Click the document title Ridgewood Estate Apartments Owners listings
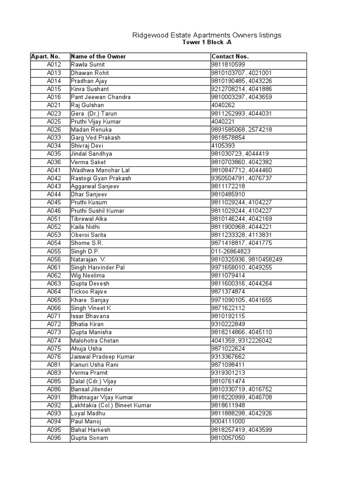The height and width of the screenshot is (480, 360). point(207,35)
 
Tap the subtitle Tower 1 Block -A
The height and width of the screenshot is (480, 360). point(207,42)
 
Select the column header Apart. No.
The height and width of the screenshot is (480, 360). point(45,57)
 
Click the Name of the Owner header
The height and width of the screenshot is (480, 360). point(98,57)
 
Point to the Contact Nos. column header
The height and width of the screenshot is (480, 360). point(230,57)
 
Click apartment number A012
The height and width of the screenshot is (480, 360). point(54,65)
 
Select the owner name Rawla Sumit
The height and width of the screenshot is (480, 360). point(88,65)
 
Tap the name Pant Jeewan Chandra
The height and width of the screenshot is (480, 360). point(100,97)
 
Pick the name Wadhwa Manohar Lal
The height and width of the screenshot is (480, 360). point(100,170)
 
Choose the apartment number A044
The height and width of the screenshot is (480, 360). point(54,195)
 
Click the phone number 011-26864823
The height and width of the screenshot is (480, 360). point(231,251)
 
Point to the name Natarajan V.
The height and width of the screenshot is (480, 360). point(89,259)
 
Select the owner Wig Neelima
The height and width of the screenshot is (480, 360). point(88,276)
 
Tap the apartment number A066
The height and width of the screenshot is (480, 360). point(54,308)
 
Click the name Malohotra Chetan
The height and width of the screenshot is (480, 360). point(95,340)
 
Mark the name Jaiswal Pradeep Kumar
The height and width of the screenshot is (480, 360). point(102,357)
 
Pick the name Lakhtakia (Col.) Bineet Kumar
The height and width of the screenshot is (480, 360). point(111,405)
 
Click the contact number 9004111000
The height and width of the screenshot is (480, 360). point(228,421)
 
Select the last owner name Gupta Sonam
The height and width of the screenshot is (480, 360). point(89,438)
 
